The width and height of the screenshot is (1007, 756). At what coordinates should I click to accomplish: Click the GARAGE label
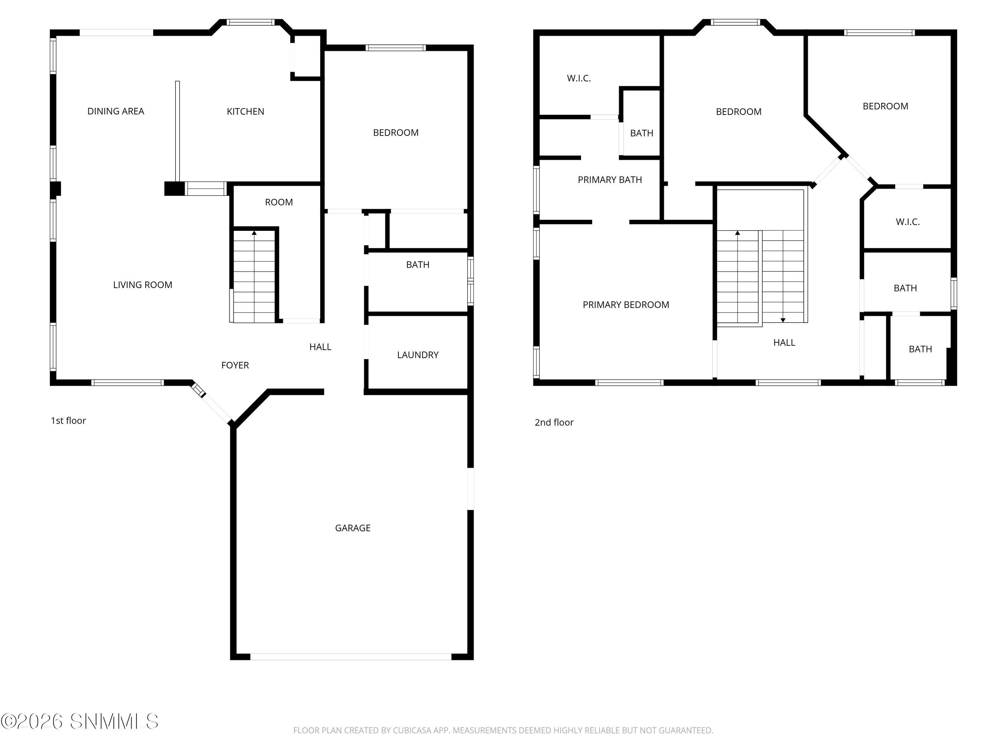(x=352, y=528)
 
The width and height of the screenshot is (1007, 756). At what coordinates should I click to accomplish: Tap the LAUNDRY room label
(x=418, y=354)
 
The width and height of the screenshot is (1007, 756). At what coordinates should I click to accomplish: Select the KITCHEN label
(x=245, y=111)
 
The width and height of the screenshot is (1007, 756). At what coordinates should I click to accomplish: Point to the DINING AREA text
(x=115, y=111)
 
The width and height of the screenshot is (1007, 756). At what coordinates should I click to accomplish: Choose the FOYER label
(x=235, y=365)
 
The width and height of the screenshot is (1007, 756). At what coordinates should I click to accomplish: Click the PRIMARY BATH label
(x=610, y=179)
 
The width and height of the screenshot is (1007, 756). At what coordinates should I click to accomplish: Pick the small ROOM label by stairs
(x=279, y=202)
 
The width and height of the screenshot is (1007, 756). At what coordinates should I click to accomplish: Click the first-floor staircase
(x=254, y=278)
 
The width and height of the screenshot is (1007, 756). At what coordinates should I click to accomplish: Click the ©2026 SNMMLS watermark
(x=80, y=721)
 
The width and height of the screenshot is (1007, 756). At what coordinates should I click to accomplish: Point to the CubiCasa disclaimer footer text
(x=503, y=730)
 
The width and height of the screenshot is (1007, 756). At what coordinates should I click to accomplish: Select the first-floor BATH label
(x=418, y=265)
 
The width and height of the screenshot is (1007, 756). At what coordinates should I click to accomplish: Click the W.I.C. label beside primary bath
(x=579, y=78)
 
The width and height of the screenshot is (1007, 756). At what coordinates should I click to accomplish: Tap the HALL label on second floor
(x=784, y=343)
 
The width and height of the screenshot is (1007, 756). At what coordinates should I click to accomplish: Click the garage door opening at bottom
(x=350, y=657)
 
